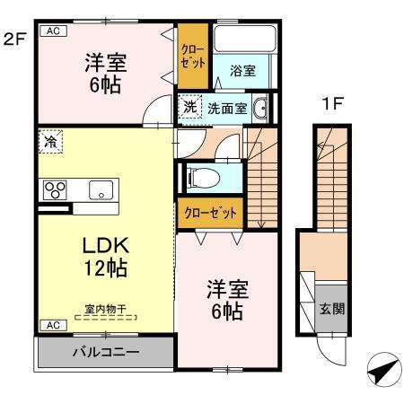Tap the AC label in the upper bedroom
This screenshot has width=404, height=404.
click(x=52, y=31)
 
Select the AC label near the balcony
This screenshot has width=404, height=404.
click(x=52, y=324)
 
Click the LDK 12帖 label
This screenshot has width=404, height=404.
click(x=105, y=255)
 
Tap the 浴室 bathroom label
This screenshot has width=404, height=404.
click(x=242, y=69)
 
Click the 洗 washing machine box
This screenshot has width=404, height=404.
click(x=190, y=107)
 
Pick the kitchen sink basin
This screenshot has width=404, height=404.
click(x=100, y=189)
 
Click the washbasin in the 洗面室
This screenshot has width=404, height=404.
click(x=259, y=108)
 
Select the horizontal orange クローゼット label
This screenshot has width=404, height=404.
click(x=211, y=213)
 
